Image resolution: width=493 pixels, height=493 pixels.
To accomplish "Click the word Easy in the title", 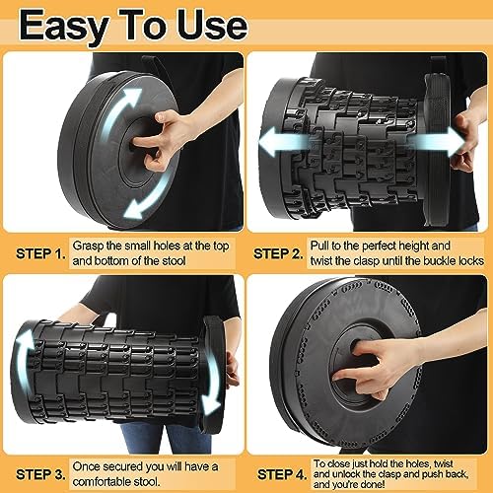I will point(67,24).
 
